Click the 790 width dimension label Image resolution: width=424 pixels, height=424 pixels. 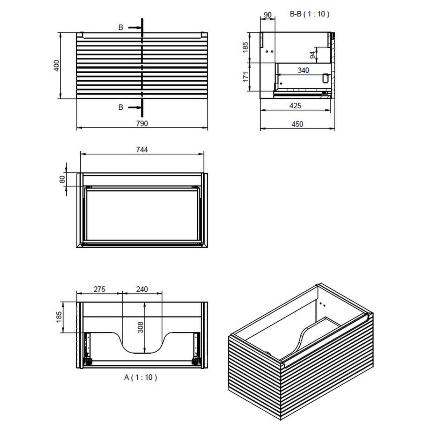pos(142,124)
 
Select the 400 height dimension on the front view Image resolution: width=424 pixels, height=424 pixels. pos(57,66)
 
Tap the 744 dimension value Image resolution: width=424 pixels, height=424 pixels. pos(142,149)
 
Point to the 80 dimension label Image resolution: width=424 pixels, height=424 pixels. pos(63,179)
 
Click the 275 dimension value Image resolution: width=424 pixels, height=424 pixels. pos(99,289)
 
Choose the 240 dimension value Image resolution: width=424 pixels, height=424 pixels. pos(142,289)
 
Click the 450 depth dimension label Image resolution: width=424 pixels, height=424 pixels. pos(297,124)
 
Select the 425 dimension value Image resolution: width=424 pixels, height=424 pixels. pos(295,105)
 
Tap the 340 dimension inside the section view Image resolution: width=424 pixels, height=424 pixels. pos(303,71)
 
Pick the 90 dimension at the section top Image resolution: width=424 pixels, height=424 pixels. pos(268,15)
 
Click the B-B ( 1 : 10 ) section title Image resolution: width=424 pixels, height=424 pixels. pos(309,14)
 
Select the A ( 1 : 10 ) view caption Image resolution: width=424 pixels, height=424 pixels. pos(140,377)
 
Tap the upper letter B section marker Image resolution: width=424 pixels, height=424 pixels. pos(121,28)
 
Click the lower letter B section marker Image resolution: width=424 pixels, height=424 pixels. pos(121,107)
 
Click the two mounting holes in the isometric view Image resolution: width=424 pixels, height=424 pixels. pos(323,304)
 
